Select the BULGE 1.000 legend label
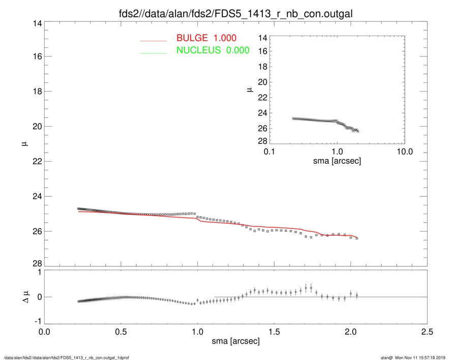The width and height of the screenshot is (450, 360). click(x=206, y=38)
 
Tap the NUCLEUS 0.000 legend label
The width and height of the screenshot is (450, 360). click(x=213, y=50)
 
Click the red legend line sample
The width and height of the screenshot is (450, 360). click(x=154, y=40)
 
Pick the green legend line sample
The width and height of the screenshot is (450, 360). click(x=154, y=52)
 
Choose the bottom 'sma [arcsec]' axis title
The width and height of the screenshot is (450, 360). click(x=235, y=341)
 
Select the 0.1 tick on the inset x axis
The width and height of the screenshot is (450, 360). click(x=269, y=152)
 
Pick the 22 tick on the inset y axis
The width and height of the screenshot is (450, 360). click(x=263, y=98)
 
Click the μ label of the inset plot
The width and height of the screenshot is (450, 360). click(x=250, y=89)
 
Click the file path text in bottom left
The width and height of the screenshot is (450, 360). click(x=66, y=358)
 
